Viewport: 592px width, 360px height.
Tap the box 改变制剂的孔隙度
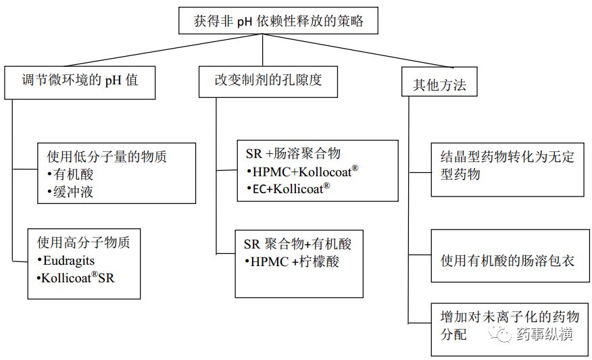click(268, 80)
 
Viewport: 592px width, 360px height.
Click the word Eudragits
click(67, 259)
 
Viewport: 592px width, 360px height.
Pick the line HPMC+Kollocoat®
click(301, 172)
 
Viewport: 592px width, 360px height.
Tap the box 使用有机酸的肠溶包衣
click(507, 259)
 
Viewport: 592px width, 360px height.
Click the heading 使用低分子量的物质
click(106, 157)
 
